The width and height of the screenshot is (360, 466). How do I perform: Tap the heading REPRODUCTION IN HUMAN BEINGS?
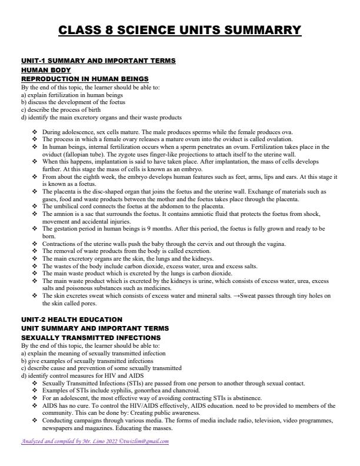point(85,78)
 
